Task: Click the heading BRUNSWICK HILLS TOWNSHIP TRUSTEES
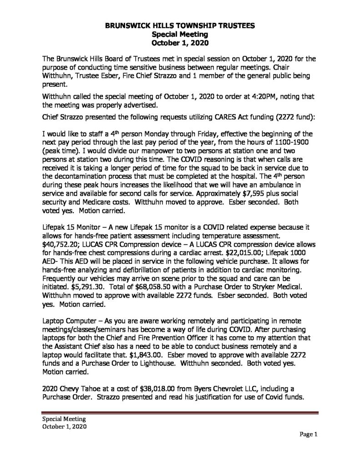[180, 27]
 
